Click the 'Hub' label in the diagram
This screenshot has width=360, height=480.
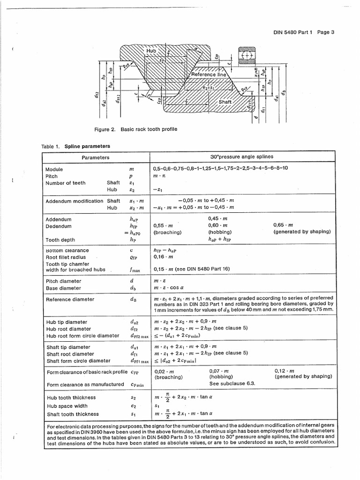pyautogui.click(x=151, y=51)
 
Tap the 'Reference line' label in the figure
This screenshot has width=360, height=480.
pyautogui.click(x=208, y=75)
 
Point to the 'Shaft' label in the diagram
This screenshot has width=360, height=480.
pyautogui.click(x=225, y=102)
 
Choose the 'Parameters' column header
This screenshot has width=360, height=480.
pyautogui.click(x=96, y=157)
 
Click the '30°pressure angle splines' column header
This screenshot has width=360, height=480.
pyautogui.click(x=242, y=157)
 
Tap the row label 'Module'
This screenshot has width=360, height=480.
pyautogui.click(x=54, y=169)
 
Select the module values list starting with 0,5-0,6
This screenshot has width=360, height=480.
pyautogui.click(x=220, y=168)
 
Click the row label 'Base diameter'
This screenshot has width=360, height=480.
pyautogui.click(x=63, y=288)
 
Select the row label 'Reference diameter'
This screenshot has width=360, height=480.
pyautogui.click(x=70, y=299)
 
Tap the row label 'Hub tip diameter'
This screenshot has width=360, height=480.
pyautogui.click(x=67, y=322)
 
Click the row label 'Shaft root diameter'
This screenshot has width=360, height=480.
pyautogui.click(x=70, y=354)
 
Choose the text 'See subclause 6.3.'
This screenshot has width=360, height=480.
pyautogui.click(x=232, y=383)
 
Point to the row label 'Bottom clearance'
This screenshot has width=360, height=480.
pyautogui.click(x=67, y=250)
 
